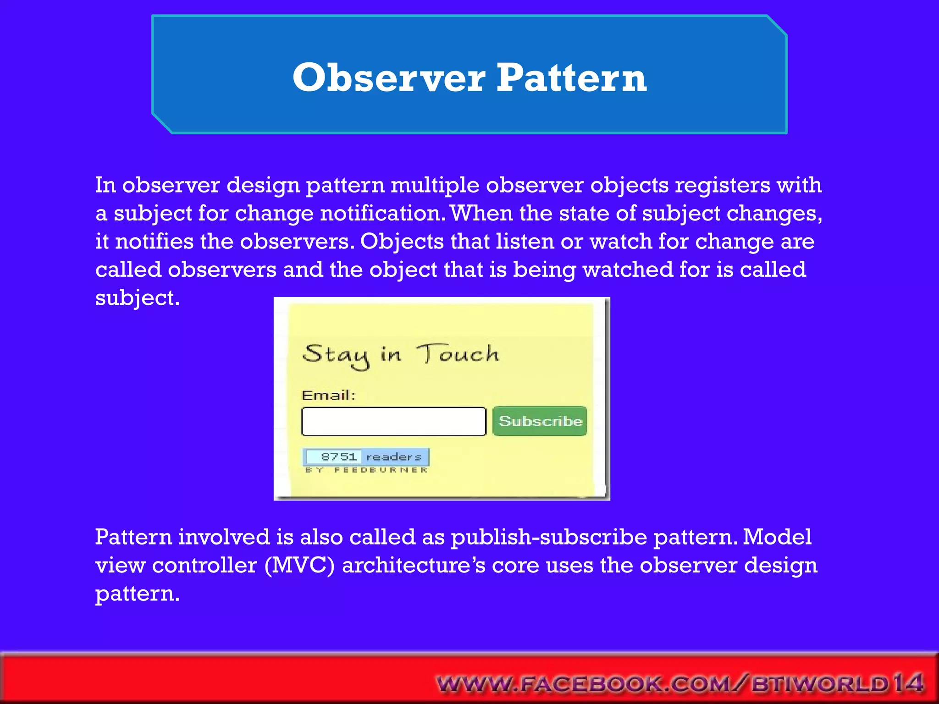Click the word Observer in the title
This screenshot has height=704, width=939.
click(389, 77)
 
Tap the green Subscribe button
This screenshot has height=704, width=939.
click(540, 421)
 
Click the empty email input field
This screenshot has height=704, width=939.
click(393, 421)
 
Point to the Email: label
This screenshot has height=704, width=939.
click(328, 395)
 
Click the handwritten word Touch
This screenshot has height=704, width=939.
click(458, 354)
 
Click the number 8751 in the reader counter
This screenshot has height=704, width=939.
click(339, 456)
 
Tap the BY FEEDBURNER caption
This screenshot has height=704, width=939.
click(366, 470)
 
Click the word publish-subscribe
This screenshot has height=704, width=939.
click(549, 537)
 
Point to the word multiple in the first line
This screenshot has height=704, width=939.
click(435, 185)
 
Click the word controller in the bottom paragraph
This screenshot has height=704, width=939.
click(204, 565)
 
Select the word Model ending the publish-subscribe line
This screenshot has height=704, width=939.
click(777, 537)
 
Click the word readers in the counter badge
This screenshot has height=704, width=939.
click(394, 456)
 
